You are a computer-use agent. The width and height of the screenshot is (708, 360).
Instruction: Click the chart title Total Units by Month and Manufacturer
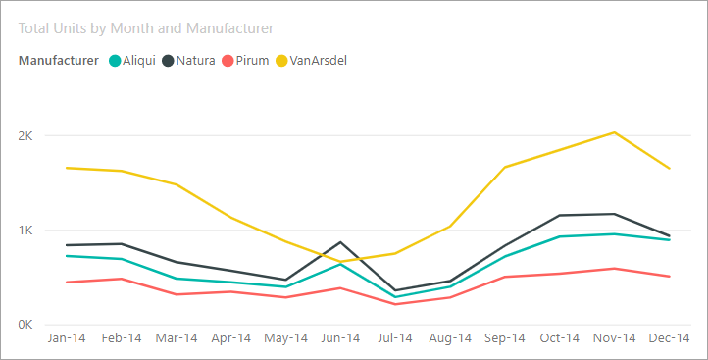click(x=145, y=29)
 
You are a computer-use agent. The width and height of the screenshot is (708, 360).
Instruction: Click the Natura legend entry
click(x=195, y=60)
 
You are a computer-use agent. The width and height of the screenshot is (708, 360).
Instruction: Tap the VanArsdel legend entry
click(x=318, y=60)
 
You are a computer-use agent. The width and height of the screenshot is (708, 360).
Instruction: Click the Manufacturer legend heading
click(x=59, y=60)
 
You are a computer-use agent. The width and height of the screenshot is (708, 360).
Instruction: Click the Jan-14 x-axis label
click(x=67, y=338)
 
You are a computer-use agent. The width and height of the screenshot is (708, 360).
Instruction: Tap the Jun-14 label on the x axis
click(x=340, y=338)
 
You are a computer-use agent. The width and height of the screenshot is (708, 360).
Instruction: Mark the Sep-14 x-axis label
click(x=505, y=338)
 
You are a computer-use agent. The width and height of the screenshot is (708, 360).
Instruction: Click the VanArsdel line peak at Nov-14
click(x=615, y=132)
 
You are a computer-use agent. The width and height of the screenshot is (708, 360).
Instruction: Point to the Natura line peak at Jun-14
click(x=340, y=241)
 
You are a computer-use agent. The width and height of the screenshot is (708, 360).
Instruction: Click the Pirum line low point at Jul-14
click(x=395, y=304)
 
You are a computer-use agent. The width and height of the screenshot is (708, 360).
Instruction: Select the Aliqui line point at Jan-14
click(x=67, y=256)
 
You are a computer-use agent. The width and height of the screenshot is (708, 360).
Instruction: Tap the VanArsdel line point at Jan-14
click(x=67, y=168)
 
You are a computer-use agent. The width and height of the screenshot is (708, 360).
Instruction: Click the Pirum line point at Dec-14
click(x=670, y=277)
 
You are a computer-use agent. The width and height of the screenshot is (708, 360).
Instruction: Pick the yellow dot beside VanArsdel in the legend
click(x=281, y=60)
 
